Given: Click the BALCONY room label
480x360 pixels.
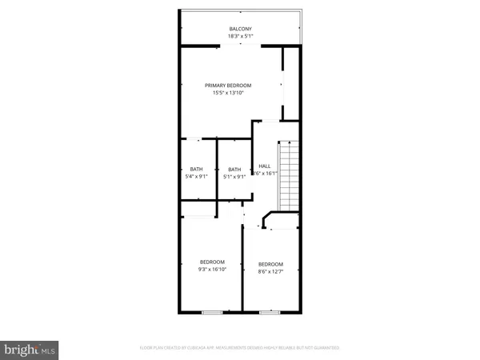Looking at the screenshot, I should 240,29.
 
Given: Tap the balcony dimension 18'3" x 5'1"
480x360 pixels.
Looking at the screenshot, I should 240,37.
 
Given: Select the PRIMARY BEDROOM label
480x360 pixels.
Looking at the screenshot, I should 228,85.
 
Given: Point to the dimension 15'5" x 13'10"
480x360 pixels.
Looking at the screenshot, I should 228,93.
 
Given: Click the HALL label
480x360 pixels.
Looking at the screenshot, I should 264,166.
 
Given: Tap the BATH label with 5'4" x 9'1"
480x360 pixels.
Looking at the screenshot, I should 197,169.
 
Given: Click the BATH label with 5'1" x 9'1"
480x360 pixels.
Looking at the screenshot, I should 234,169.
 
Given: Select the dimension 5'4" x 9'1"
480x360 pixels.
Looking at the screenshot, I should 197,176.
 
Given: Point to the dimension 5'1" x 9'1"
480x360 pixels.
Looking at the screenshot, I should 234,176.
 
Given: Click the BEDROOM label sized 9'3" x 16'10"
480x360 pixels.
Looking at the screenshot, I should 212,262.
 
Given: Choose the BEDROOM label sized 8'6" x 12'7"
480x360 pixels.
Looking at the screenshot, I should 270,264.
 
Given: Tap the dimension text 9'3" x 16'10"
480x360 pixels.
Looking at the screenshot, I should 212,270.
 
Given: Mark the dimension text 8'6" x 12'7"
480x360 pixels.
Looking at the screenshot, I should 270,272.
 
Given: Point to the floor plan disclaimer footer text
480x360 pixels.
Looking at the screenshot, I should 240,348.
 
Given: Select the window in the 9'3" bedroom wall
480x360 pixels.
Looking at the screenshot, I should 212,310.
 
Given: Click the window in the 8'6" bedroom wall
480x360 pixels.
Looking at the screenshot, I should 272,310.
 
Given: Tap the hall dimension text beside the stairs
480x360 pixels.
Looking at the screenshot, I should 265,173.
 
